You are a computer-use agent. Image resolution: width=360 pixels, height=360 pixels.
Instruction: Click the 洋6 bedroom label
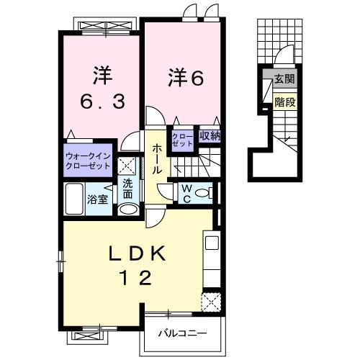coord(186,76)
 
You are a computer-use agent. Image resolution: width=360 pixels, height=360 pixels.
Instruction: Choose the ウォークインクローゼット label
coord(88,160)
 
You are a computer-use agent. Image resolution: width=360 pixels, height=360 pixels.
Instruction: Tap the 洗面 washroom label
coord(127,188)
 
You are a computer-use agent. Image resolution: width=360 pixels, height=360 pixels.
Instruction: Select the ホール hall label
coord(156,159)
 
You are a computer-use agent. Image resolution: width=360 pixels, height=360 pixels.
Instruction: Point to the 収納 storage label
coord(210,135)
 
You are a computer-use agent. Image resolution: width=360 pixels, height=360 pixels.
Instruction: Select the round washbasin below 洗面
coord(128,210)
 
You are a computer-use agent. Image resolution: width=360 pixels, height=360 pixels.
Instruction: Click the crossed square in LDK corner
coord(210,301)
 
